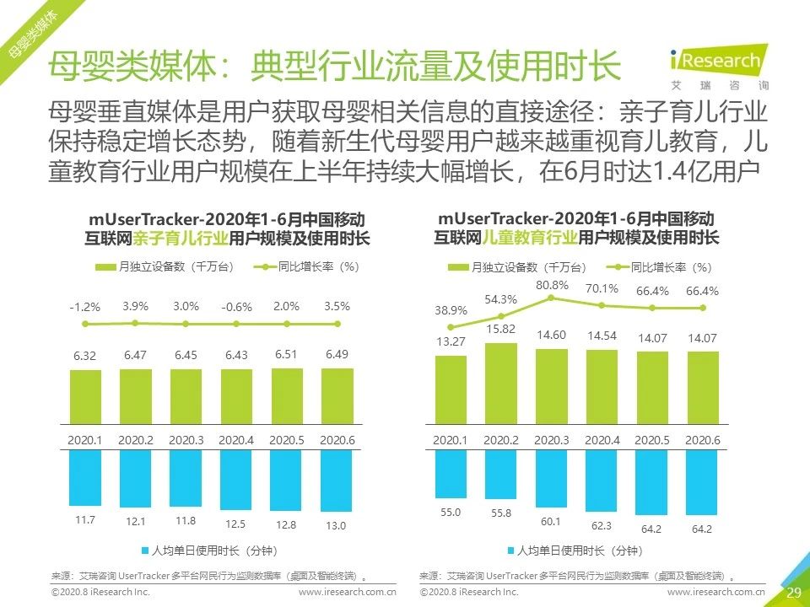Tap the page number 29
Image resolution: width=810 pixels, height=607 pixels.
[x=793, y=592]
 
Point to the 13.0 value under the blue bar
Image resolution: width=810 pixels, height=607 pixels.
[x=337, y=525]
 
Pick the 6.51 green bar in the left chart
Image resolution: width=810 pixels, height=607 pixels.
[x=286, y=400]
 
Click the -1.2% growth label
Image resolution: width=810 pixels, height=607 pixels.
[x=84, y=307]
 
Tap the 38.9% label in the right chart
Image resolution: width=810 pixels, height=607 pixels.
[x=451, y=310]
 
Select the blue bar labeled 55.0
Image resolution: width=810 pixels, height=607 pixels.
[x=451, y=474]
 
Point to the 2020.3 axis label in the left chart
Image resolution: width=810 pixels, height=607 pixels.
[x=185, y=441]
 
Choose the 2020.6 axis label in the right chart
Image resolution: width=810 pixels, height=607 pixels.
[x=702, y=441]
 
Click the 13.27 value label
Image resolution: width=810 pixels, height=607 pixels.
[x=451, y=341]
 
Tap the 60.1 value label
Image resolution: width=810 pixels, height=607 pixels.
[x=552, y=521]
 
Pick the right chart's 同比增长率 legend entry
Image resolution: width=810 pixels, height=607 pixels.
[x=658, y=267]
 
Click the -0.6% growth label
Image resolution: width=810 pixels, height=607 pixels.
[x=236, y=308]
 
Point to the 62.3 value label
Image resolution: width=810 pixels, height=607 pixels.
[x=602, y=525]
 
